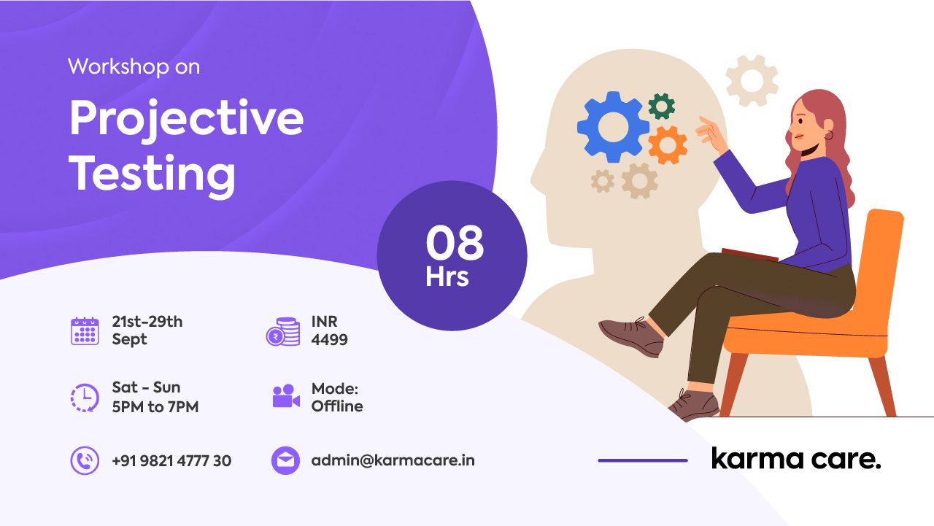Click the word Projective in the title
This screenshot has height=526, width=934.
(x=186, y=121)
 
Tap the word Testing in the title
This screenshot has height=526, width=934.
(x=153, y=174)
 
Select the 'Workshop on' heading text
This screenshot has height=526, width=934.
(x=134, y=66)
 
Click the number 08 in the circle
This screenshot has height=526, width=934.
(x=455, y=243)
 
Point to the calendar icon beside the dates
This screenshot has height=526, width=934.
(x=85, y=331)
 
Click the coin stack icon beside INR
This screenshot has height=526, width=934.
(x=283, y=332)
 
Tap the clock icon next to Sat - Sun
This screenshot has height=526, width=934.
(x=85, y=398)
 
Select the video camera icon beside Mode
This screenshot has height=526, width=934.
(x=286, y=395)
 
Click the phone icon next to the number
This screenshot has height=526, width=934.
(x=85, y=460)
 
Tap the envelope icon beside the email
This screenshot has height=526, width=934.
(x=285, y=460)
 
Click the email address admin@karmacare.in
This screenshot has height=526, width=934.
(x=393, y=460)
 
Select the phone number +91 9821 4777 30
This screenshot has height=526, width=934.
(x=171, y=460)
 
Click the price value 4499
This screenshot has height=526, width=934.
(x=329, y=340)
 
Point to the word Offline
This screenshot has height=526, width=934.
(x=337, y=406)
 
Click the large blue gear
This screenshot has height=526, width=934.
(x=613, y=127)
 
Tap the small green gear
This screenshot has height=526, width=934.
(x=662, y=107)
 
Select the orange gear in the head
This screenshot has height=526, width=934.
(x=668, y=145)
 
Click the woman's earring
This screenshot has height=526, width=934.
(x=829, y=135)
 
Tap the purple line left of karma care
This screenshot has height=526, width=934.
(x=643, y=460)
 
